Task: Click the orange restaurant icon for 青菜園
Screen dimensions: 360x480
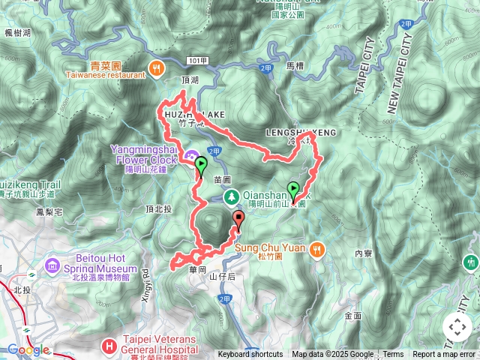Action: (x=157, y=66)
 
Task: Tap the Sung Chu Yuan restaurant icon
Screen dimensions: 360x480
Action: (x=318, y=247)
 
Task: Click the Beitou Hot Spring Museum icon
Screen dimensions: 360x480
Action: (x=52, y=266)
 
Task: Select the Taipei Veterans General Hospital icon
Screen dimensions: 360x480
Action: (x=109, y=346)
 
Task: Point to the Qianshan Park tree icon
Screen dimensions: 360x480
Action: (x=232, y=197)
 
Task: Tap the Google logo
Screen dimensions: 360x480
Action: (x=28, y=349)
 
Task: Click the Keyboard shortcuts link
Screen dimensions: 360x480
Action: (x=250, y=355)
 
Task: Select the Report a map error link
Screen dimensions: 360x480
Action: (x=444, y=355)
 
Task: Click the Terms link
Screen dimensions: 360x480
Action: (x=393, y=355)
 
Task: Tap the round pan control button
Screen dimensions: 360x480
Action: (x=457, y=327)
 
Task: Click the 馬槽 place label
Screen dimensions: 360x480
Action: (x=295, y=66)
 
